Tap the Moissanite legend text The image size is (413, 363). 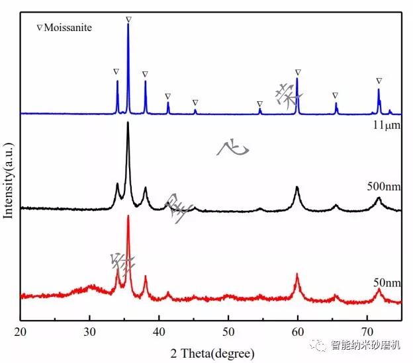(x=67, y=28)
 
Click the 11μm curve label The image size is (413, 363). (x=385, y=123)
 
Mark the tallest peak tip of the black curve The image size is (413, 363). (x=128, y=123)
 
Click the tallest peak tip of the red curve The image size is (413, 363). (x=128, y=216)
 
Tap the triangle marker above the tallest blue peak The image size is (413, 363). (x=128, y=19)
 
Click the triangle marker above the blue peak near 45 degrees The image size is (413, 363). (x=195, y=102)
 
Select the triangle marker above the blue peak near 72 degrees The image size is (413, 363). (x=379, y=81)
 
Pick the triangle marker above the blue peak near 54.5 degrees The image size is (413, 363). (x=259, y=104)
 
